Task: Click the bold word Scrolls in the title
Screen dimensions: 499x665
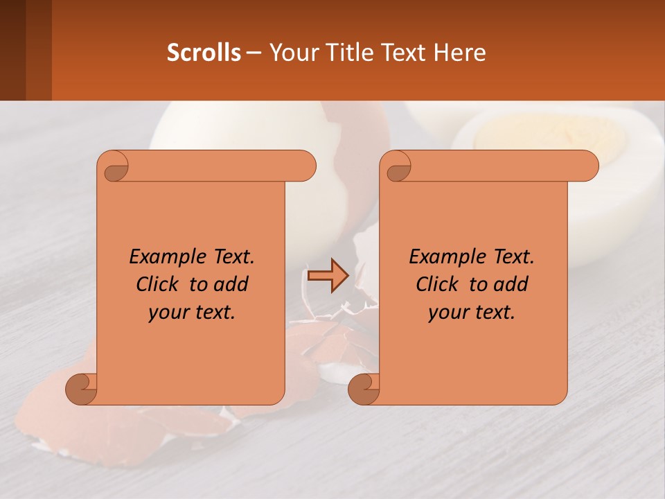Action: pyautogui.click(x=204, y=53)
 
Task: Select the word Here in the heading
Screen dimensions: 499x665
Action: pyautogui.click(x=460, y=53)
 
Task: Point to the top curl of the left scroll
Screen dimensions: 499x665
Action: pyautogui.click(x=114, y=166)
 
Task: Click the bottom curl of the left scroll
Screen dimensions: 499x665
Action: pyautogui.click(x=82, y=389)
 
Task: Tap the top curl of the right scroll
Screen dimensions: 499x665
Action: pyautogui.click(x=398, y=166)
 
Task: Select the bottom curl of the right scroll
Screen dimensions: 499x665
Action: pyautogui.click(x=364, y=389)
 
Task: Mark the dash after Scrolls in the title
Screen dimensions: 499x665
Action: pyautogui.click(x=254, y=53)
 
